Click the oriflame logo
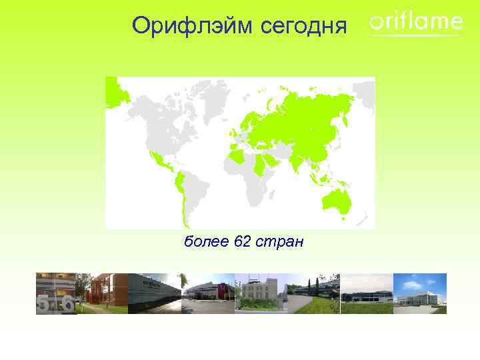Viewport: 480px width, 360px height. pos(415,23)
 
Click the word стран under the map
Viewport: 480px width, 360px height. pos(281,241)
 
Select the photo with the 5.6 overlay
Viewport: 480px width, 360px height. pos(55,293)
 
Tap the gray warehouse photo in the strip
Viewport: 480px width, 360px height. pos(154,293)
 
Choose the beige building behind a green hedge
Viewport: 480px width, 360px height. pos(259,293)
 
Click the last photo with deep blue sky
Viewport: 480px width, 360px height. pos(419,293)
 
